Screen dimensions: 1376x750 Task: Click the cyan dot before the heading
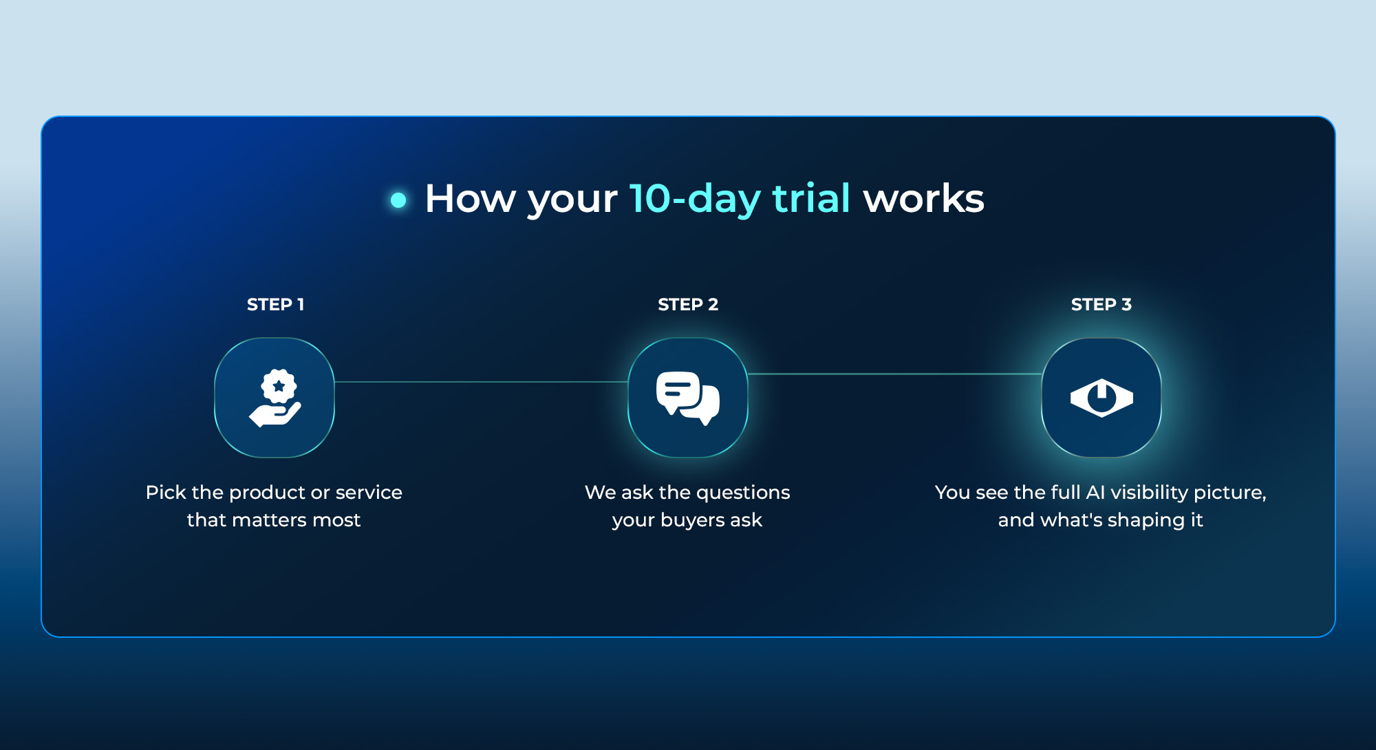point(398,200)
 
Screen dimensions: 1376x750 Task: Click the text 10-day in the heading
point(695,200)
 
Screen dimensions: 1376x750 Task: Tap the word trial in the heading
point(811,198)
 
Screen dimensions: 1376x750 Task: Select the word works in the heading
point(924,199)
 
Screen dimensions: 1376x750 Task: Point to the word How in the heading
point(470,199)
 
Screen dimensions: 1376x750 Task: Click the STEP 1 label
point(275,304)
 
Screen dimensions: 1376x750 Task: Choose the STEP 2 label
point(688,304)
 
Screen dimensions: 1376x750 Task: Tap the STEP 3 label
point(1101,304)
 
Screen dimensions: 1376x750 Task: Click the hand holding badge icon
point(275,398)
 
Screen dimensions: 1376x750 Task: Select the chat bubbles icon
point(688,398)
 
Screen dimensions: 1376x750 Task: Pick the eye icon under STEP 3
point(1101,398)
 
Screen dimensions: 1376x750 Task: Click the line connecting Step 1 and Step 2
point(481,382)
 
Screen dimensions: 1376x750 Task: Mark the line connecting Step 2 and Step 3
point(894,374)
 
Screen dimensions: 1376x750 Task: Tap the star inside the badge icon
point(279,387)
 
